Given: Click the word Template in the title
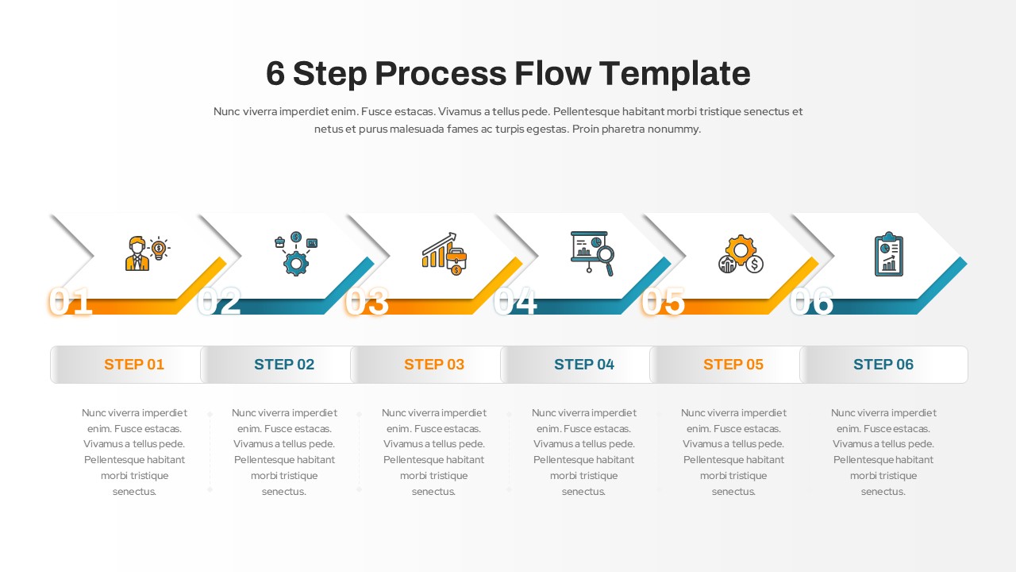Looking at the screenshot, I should (x=675, y=73).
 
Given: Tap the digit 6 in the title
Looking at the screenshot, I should (x=275, y=73).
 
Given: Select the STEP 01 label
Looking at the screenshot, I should (x=133, y=365).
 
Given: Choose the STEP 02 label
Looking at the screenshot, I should (x=284, y=365).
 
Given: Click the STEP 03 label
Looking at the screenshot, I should (x=434, y=365).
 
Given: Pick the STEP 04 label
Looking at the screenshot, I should (x=584, y=365).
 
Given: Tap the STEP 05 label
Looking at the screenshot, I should (x=733, y=365).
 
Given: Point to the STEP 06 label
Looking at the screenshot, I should (x=883, y=365).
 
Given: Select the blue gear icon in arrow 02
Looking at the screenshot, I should (x=296, y=263).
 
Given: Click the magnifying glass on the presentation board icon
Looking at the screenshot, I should (x=605, y=259).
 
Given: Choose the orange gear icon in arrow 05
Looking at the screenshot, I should (x=740, y=249).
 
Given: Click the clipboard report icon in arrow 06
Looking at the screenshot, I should (x=888, y=254).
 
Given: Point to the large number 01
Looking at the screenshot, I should (x=71, y=303).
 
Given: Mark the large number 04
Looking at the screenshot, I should (x=515, y=303).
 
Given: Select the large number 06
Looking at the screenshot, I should (x=811, y=303).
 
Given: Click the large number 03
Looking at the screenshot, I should (x=367, y=303).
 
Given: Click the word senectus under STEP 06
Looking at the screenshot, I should (x=883, y=492).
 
